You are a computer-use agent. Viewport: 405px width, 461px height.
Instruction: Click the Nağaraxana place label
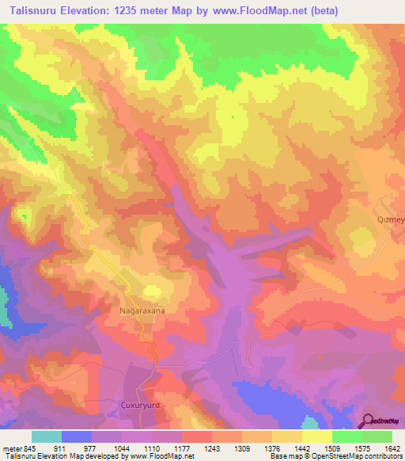[x=142, y=311]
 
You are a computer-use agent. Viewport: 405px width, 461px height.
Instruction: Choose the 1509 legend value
[x=332, y=448]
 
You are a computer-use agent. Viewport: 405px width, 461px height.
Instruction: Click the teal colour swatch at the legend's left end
[x=47, y=436]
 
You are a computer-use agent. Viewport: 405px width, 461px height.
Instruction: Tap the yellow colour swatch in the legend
[x=316, y=436]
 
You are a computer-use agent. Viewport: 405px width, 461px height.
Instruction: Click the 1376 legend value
[x=273, y=448]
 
